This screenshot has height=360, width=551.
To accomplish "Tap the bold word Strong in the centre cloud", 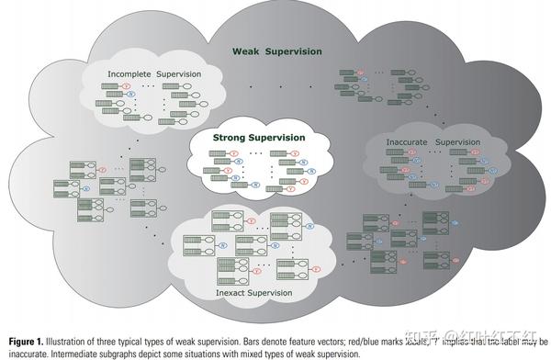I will click(231, 138).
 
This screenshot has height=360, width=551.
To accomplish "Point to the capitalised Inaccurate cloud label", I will click(403, 141).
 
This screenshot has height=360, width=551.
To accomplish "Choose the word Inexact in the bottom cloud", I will click(231, 293).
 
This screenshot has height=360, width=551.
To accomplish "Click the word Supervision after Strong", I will click(278, 138).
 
